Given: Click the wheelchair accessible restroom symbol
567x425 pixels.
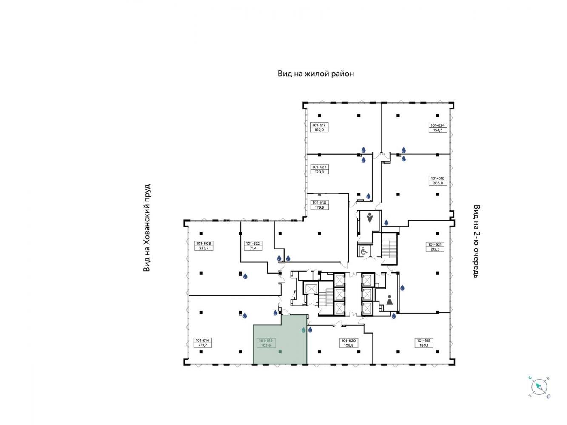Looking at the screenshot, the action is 364,251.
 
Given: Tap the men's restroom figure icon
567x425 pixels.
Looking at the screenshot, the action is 370,218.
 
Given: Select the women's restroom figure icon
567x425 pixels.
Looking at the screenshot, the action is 390,300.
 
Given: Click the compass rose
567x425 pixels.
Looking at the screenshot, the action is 539,387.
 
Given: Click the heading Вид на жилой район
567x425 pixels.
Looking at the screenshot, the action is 316,74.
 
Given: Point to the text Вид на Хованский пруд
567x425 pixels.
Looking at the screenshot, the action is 147,228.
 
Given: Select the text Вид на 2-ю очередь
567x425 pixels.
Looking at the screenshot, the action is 477,241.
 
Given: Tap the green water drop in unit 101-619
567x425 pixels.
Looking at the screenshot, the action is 304,330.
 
